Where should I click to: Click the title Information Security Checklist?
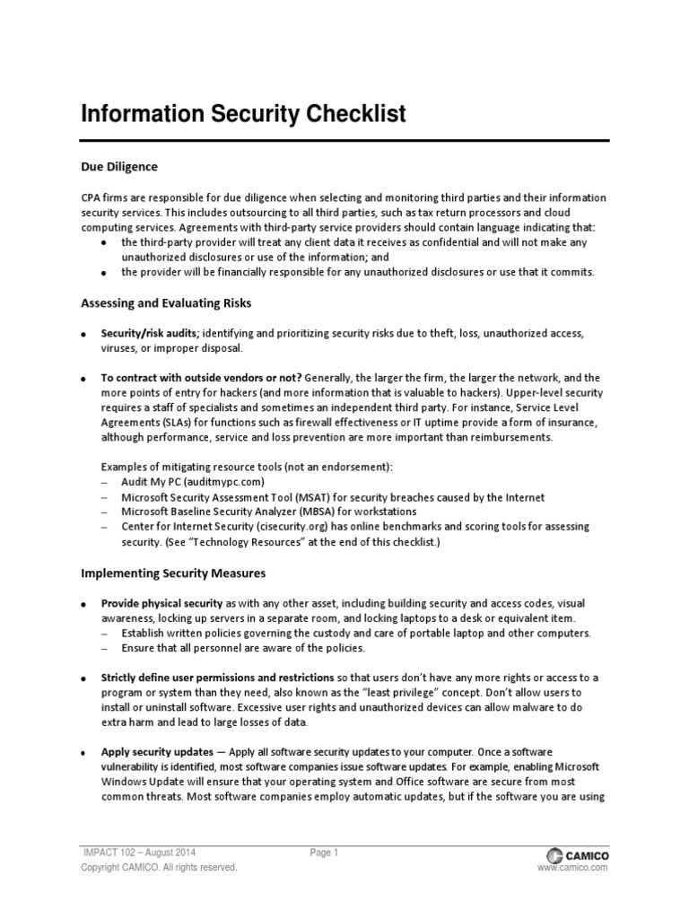coord(244,114)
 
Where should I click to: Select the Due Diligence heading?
coord(119,167)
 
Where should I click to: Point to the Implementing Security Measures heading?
coord(173,572)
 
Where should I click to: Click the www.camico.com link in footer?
coord(572,869)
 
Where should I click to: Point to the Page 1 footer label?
coord(324,853)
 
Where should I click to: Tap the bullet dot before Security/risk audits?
coord(83,335)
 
